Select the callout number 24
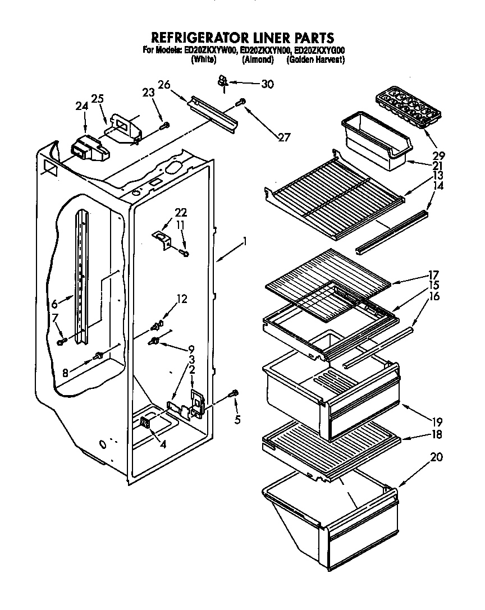point(81,106)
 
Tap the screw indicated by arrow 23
point(164,127)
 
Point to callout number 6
point(54,304)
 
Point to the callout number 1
point(244,244)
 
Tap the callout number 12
point(181,299)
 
